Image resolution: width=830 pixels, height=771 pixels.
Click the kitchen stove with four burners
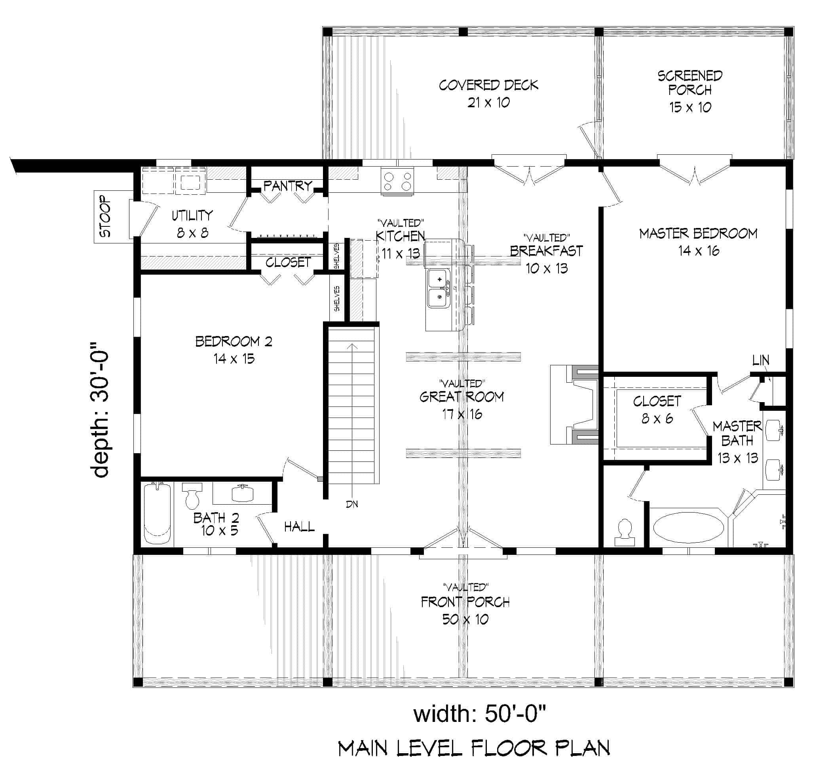pos(397,182)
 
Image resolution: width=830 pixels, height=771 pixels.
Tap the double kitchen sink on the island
pos(438,288)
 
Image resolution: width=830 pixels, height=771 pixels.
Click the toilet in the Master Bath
pos(624,532)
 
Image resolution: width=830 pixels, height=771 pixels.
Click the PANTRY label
pos(287,186)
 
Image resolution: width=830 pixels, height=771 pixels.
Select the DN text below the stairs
pos(352,504)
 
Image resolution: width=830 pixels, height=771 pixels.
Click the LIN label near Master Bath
pos(760,360)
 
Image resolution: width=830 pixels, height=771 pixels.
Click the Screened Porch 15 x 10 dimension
pos(690,107)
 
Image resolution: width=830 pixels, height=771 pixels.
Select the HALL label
pos(299,527)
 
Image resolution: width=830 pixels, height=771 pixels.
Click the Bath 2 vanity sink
pos(243,494)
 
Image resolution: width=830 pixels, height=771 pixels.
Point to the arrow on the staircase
pos(353,346)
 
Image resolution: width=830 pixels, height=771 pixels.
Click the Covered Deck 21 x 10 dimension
pos(488,103)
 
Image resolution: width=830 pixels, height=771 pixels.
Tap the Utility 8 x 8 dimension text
pos(192,233)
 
